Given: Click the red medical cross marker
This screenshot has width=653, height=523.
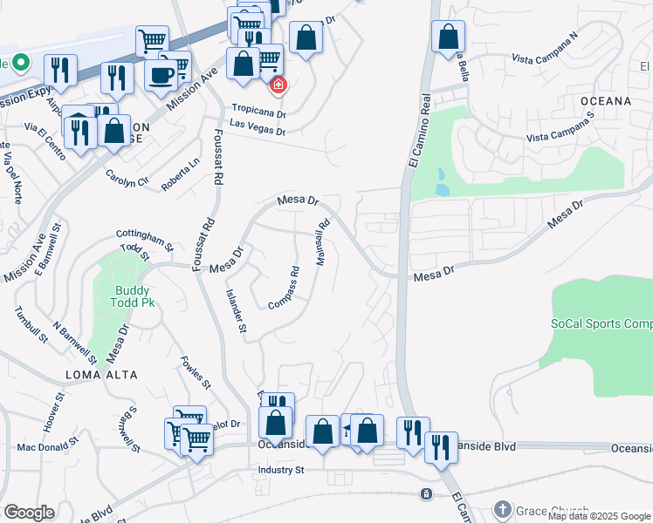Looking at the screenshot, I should point(278,85).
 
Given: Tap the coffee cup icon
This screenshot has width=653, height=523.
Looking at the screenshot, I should point(162,76).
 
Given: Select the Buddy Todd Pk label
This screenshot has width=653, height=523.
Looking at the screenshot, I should point(133,299).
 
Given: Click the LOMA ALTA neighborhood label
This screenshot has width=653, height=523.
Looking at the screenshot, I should point(102,374).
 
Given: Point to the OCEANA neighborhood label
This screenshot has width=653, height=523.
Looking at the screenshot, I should point(605,101).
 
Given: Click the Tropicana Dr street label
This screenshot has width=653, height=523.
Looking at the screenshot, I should point(258,113).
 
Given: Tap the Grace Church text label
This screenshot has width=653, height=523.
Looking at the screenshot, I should point(553,511).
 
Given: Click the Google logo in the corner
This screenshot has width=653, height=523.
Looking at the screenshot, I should point(29,513).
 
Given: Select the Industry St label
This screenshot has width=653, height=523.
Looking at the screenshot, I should point(280,470).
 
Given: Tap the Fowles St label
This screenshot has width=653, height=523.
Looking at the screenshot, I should point(196,371).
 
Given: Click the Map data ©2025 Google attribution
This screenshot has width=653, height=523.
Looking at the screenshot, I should point(598,516).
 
